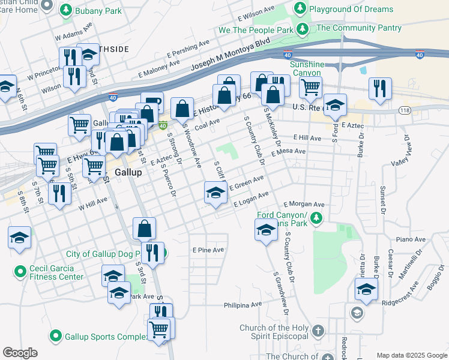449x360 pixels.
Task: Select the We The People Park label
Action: tap(256, 29)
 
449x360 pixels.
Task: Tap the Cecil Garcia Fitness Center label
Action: tap(57, 272)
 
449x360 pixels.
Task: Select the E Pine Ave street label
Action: tap(208, 250)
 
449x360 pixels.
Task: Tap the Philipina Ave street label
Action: tap(243, 305)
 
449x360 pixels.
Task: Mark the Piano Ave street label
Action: tap(411, 239)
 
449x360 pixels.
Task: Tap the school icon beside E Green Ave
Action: tap(215, 193)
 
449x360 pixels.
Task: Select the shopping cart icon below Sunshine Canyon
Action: tap(310, 86)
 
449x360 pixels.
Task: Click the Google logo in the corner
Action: tap(20, 353)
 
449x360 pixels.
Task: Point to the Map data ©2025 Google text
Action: tap(412, 355)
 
